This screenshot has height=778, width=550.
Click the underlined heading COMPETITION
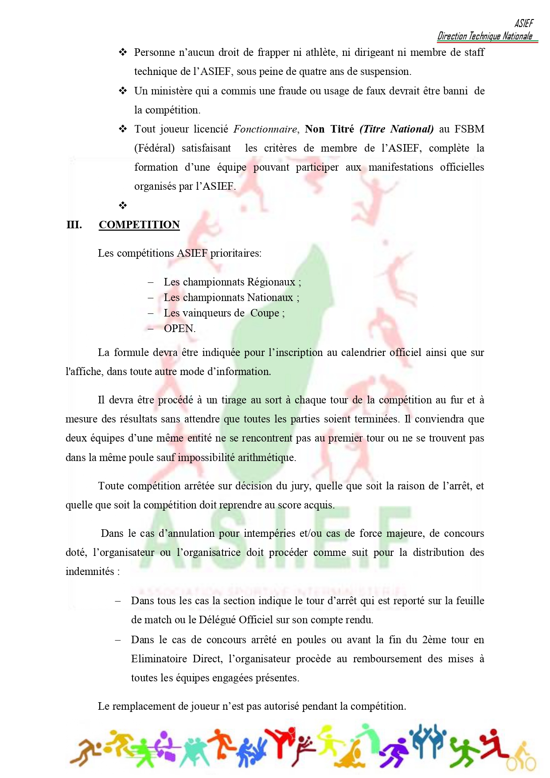click(139, 225)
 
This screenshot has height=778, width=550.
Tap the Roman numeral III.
click(74, 225)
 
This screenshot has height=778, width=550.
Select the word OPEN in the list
click(179, 328)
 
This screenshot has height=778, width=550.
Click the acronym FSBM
click(469, 129)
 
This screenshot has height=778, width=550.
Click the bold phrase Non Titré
click(329, 129)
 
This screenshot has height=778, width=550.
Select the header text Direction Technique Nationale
click(485, 36)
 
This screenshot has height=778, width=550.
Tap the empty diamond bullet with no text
click(123, 205)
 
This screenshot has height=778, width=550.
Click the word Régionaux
click(271, 282)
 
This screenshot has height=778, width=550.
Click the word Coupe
click(265, 313)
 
